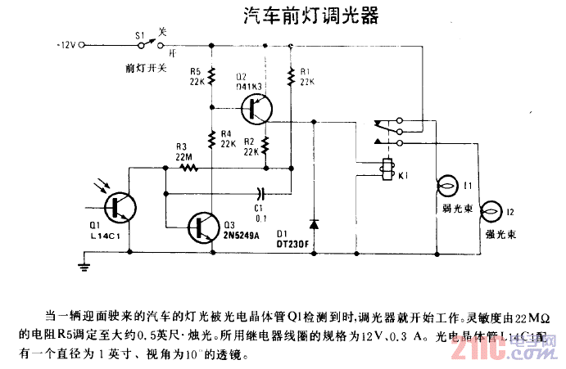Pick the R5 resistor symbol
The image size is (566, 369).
pyautogui.click(x=211, y=77)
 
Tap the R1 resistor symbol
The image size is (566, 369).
pyautogui.click(x=291, y=77)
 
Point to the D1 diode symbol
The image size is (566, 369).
pyautogui.click(x=313, y=223)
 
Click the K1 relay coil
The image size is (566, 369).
pyautogui.click(x=384, y=168)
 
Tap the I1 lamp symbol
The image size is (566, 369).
pyautogui.click(x=447, y=187)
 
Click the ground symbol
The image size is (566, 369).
pyautogui.click(x=83, y=263)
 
